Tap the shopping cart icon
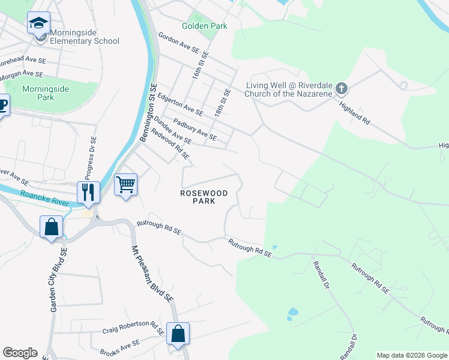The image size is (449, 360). [126, 184]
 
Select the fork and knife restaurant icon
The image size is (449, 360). [88, 192]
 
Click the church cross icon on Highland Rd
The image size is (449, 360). [341, 89]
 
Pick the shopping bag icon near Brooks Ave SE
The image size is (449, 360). [178, 334]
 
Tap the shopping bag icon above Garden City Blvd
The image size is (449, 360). [51, 227]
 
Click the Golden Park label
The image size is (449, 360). [205, 26]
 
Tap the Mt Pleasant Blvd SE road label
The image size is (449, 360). [152, 265]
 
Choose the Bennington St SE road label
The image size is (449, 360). [148, 112]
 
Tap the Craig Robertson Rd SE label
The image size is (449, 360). [133, 326]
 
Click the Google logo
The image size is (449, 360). [20, 353]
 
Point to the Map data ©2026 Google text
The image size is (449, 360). [412, 355]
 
